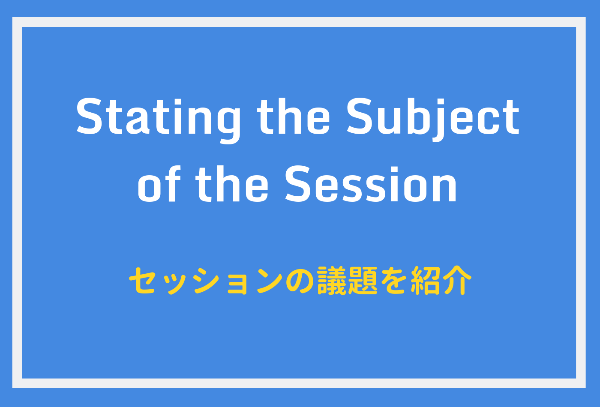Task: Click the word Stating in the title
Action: (x=158, y=120)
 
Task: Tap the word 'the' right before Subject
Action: (x=293, y=117)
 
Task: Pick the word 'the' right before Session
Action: (x=232, y=184)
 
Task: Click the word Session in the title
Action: (x=371, y=184)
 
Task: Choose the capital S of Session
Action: (x=298, y=184)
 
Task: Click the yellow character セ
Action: (x=142, y=281)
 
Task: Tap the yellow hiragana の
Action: (x=300, y=281)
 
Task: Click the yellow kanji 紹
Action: (x=426, y=281)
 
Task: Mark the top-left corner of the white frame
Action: (x=12, y=18)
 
